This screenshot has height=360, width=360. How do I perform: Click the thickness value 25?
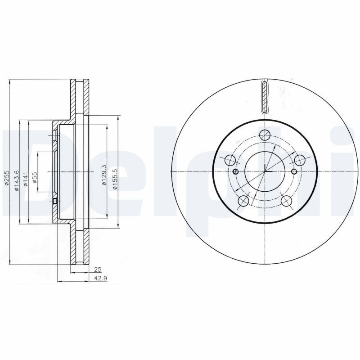click(x=96, y=270)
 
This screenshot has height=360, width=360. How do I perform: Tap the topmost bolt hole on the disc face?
click(x=265, y=134)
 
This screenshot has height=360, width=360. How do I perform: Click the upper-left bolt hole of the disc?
click(x=229, y=160)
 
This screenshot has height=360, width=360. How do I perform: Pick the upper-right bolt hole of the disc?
click(x=300, y=160)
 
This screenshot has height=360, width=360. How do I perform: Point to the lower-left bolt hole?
click(x=243, y=201)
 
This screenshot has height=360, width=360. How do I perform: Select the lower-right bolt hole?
click(x=287, y=201)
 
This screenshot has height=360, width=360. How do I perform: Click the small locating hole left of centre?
click(x=236, y=171)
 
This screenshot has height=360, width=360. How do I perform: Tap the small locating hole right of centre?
click(x=294, y=171)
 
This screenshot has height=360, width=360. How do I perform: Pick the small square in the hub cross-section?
click(x=55, y=201)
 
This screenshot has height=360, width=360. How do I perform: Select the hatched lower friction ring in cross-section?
click(x=73, y=245)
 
